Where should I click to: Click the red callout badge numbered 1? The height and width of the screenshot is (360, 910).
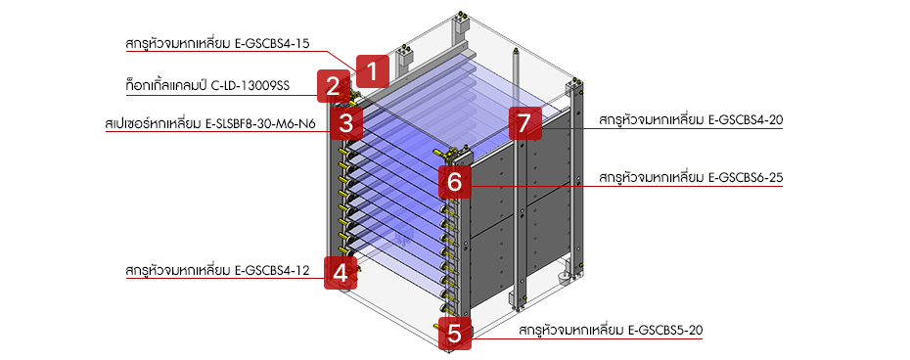click(372, 70)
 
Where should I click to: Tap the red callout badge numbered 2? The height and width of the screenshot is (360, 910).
click(334, 87)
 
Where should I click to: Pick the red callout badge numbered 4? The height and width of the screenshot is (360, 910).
click(340, 273)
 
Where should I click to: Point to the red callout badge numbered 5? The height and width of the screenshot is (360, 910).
click(454, 334)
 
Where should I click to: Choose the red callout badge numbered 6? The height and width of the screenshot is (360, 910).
click(452, 181)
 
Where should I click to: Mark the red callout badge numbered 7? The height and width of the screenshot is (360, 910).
click(524, 123)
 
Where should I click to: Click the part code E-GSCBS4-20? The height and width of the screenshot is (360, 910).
click(744, 120)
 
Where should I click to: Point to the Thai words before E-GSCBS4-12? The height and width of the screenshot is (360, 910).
click(177, 270)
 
